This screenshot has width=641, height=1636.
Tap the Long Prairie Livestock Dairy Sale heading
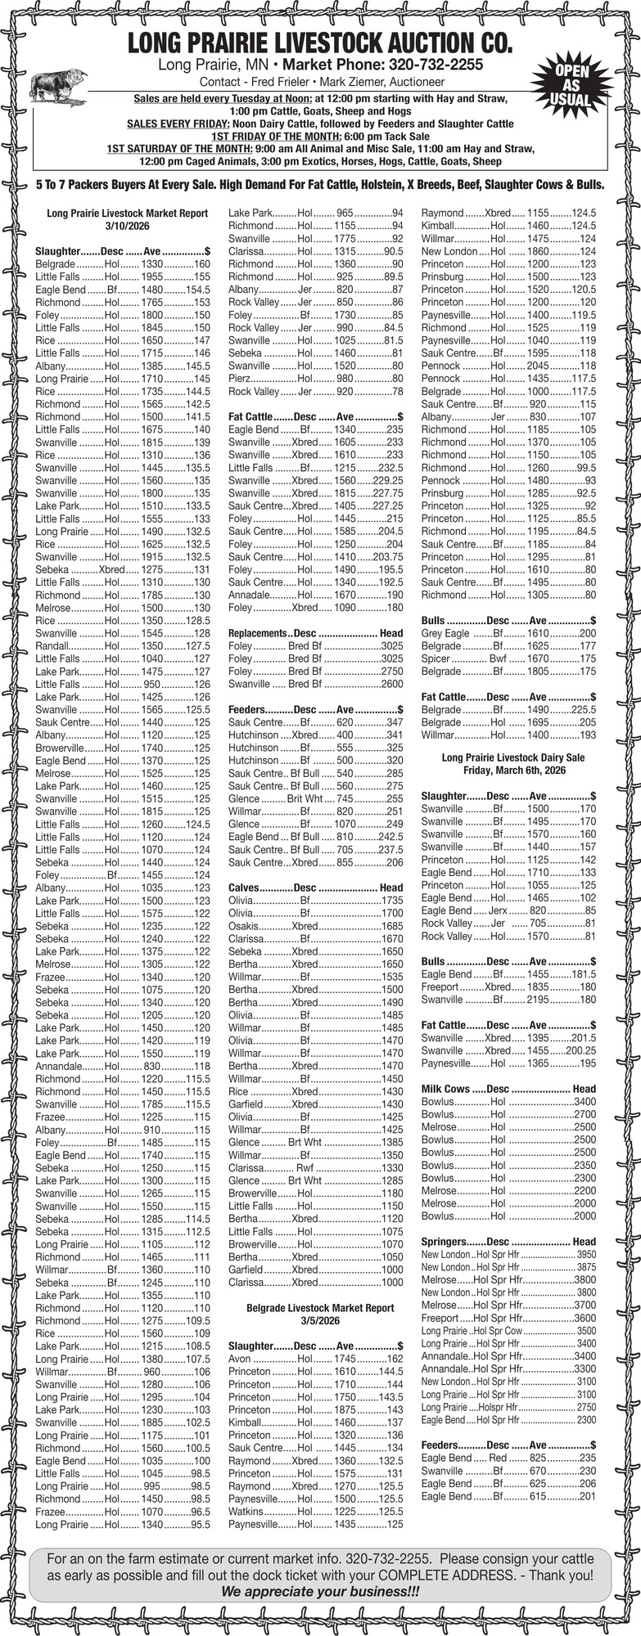click(x=513, y=757)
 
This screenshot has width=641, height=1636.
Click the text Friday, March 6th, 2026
click(x=513, y=771)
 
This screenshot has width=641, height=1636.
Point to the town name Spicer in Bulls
click(x=436, y=658)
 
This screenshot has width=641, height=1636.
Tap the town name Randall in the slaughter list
click(x=53, y=645)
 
